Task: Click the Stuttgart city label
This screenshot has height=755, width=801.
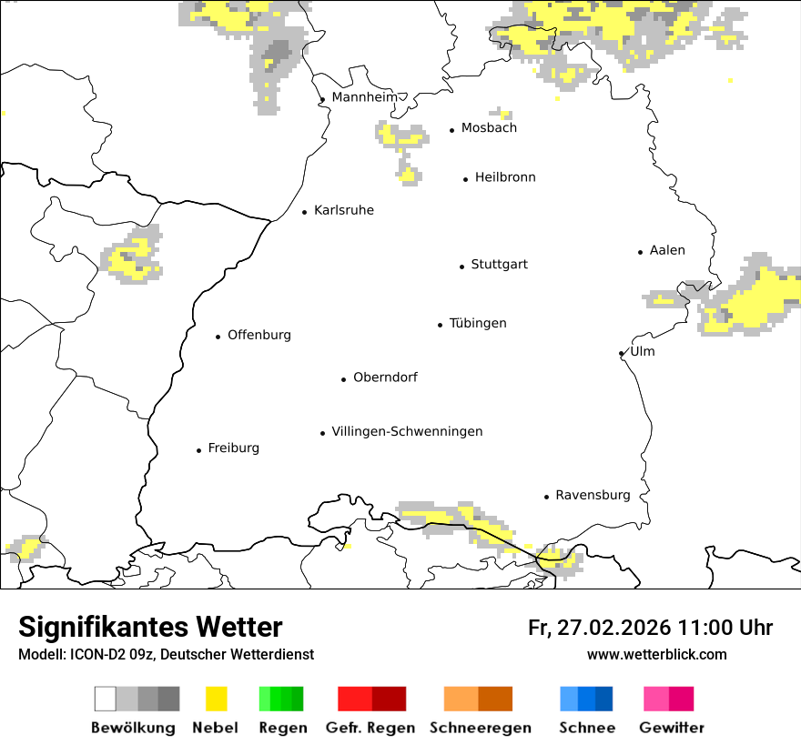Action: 499,265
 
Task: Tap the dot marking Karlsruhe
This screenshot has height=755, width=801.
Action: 305,212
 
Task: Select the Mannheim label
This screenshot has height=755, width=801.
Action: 364,97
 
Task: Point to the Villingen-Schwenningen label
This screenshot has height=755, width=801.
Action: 407,432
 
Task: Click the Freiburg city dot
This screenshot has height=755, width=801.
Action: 198,450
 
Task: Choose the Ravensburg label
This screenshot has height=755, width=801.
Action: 593,496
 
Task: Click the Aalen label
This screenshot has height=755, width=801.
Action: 667,251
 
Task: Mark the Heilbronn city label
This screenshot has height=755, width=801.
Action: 505,178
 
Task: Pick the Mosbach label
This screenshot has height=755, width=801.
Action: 489,128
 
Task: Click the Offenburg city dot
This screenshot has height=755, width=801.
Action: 218,337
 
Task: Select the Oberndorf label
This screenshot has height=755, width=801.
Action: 385,377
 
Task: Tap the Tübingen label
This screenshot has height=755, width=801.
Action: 478,324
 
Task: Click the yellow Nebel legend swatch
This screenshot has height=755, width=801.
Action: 216,699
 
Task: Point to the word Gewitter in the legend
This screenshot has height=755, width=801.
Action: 671,728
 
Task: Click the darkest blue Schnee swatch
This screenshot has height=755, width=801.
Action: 604,699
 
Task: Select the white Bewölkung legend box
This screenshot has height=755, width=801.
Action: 106,699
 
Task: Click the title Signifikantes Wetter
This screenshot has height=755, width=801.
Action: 150,628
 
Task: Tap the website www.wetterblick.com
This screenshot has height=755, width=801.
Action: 657,655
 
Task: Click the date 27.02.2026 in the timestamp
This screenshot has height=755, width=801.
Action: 611,628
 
